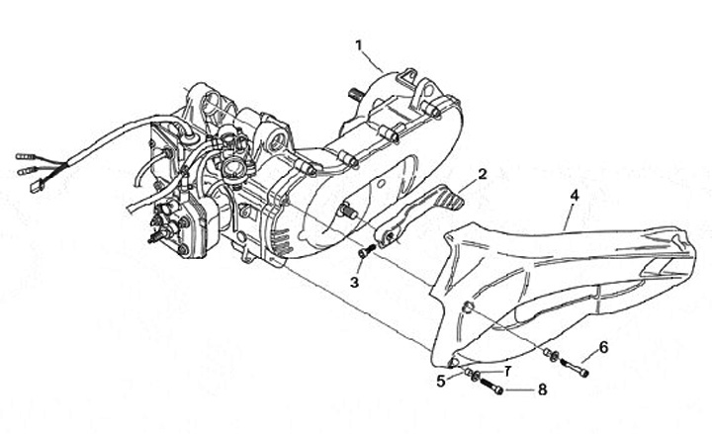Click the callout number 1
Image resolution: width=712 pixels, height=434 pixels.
361,44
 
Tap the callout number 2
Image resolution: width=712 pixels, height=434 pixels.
482,174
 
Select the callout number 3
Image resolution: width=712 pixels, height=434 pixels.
353,282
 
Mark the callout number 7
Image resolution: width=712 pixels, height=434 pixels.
506,371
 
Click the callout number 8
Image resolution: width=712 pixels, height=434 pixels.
542,390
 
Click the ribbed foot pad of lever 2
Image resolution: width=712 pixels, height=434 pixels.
449,200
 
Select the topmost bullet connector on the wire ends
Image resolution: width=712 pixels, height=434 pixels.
23,155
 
